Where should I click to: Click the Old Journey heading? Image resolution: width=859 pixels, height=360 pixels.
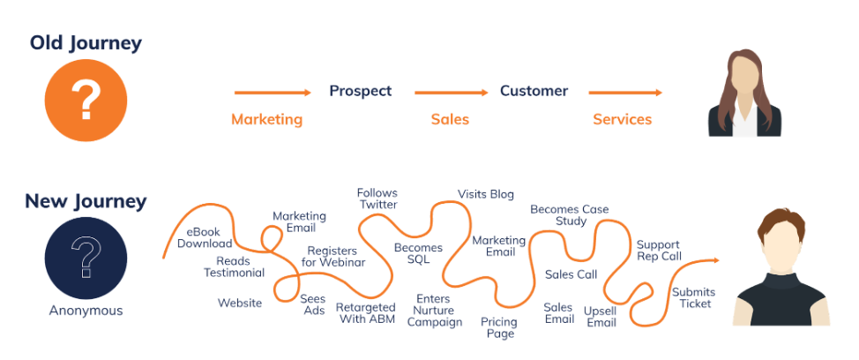[86, 42]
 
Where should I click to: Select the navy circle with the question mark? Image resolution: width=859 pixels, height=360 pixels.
[86, 259]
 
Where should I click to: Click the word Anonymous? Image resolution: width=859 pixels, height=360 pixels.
[86, 311]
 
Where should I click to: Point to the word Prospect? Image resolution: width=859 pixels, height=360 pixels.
[360, 91]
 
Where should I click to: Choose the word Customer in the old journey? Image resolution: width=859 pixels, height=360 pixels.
[534, 91]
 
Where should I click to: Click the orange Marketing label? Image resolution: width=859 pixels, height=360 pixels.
[266, 119]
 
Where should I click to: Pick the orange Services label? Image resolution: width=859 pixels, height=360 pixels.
[622, 119]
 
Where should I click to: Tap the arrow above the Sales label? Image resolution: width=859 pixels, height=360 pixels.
[451, 92]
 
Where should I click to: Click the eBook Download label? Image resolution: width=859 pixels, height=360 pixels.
[205, 237]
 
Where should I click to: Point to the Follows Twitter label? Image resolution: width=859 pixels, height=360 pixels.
[377, 199]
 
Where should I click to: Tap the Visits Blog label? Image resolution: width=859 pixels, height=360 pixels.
[485, 194]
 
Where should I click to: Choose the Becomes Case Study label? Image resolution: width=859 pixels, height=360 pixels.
[570, 215]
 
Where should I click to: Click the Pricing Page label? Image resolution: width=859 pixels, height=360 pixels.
[498, 328]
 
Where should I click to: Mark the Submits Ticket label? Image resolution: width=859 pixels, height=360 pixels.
[693, 297]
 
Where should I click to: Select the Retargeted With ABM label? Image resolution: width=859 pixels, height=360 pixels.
[366, 313]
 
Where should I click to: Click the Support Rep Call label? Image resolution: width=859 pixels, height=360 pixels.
[659, 250]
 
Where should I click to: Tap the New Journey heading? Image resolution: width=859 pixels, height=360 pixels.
[86, 201]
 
